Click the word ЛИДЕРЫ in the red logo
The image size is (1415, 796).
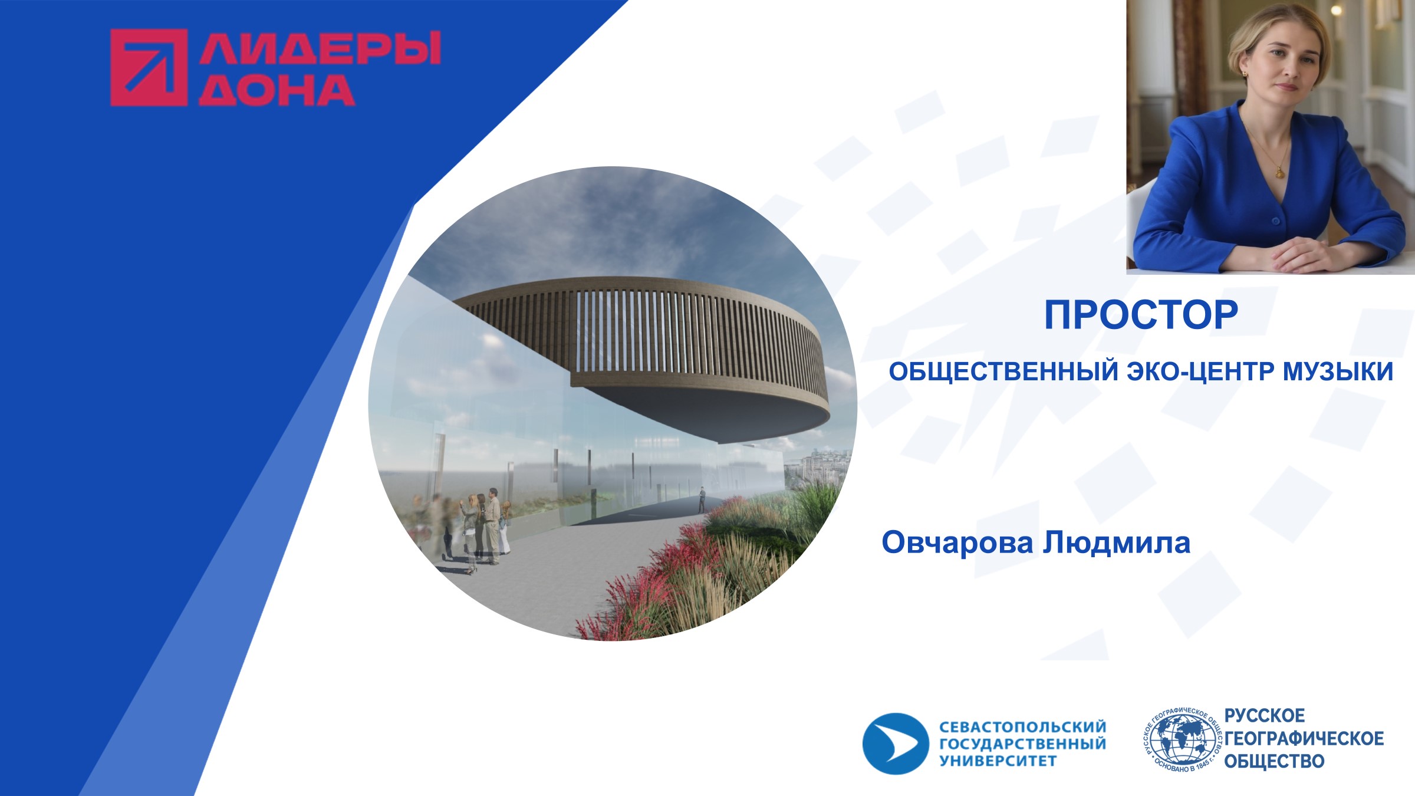320,48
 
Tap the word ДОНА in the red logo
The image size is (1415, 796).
277,90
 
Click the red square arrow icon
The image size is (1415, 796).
149,68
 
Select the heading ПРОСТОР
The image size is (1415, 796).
1141,315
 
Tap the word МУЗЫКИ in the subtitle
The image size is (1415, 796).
1338,371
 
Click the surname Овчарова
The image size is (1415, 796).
957,542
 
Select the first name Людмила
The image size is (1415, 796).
1117,542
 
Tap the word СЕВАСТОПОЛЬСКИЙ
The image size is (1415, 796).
1023,726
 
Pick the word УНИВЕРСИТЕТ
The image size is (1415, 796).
998,761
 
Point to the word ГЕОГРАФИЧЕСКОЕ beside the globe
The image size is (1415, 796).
1304,738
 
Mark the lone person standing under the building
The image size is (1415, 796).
702,499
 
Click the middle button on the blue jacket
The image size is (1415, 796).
1275,222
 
